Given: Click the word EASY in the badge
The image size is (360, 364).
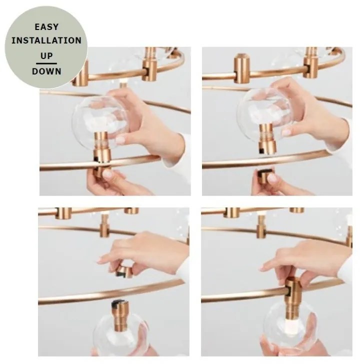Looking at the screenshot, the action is [x=46, y=27].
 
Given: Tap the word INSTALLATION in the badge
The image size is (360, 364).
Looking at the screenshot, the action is [x=46, y=40].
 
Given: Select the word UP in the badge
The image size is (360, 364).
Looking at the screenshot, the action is [x=46, y=55].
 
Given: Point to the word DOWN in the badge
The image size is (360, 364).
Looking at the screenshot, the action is [x=46, y=71].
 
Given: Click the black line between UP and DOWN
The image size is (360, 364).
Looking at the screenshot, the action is [x=46, y=63].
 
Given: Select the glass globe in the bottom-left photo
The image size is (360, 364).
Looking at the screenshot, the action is [x=120, y=334].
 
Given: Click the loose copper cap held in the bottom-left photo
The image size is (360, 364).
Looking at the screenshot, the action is [x=124, y=271].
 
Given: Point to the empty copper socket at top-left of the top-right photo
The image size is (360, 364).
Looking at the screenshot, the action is [x=241, y=68].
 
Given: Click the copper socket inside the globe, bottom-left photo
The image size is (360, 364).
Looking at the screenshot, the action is [x=121, y=315].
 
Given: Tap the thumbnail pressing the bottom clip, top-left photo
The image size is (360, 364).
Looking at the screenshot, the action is [x=107, y=173].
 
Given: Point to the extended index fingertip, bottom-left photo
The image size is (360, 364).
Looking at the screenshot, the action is [x=100, y=261].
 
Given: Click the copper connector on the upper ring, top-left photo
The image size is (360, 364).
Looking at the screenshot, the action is [x=149, y=65].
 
